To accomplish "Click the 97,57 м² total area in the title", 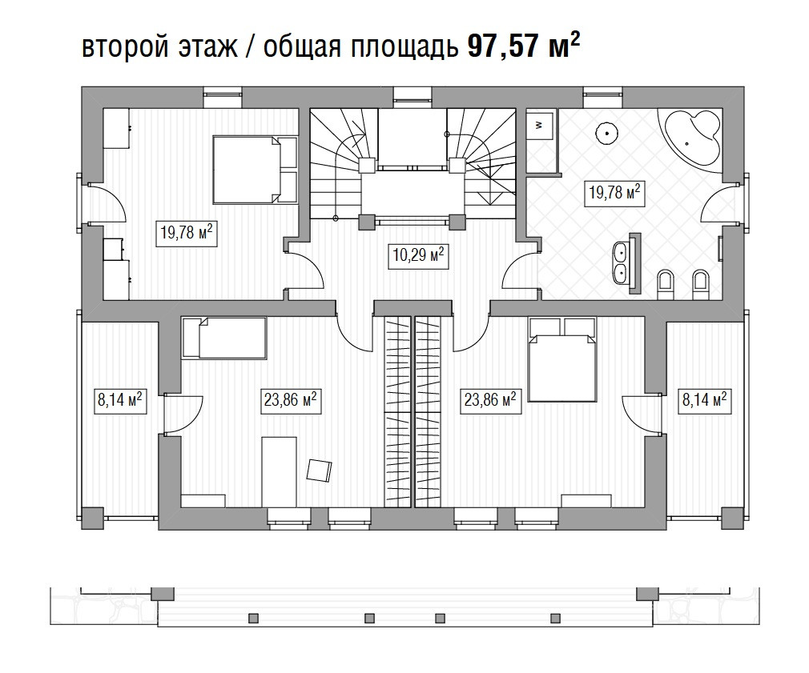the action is pyautogui.click(x=524, y=46).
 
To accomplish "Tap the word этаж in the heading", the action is pyautogui.click(x=208, y=48).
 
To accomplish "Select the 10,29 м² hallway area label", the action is pyautogui.click(x=417, y=255).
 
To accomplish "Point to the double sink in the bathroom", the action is pyautogui.click(x=626, y=262).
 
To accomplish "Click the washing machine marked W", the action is pyautogui.click(x=540, y=124).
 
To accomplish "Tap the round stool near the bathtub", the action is pyautogui.click(x=607, y=133).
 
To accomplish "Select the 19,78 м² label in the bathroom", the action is pyautogui.click(x=614, y=193).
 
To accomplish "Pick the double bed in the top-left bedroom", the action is pyautogui.click(x=255, y=170).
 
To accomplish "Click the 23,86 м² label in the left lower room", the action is pyautogui.click(x=290, y=400).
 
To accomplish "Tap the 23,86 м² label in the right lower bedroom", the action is pyautogui.click(x=489, y=399).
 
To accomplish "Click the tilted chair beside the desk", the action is pyautogui.click(x=319, y=470).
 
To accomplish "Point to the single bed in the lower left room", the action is pyautogui.click(x=224, y=338).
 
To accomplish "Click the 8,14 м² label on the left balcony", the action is pyautogui.click(x=119, y=400).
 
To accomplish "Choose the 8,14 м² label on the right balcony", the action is pyautogui.click(x=704, y=400).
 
